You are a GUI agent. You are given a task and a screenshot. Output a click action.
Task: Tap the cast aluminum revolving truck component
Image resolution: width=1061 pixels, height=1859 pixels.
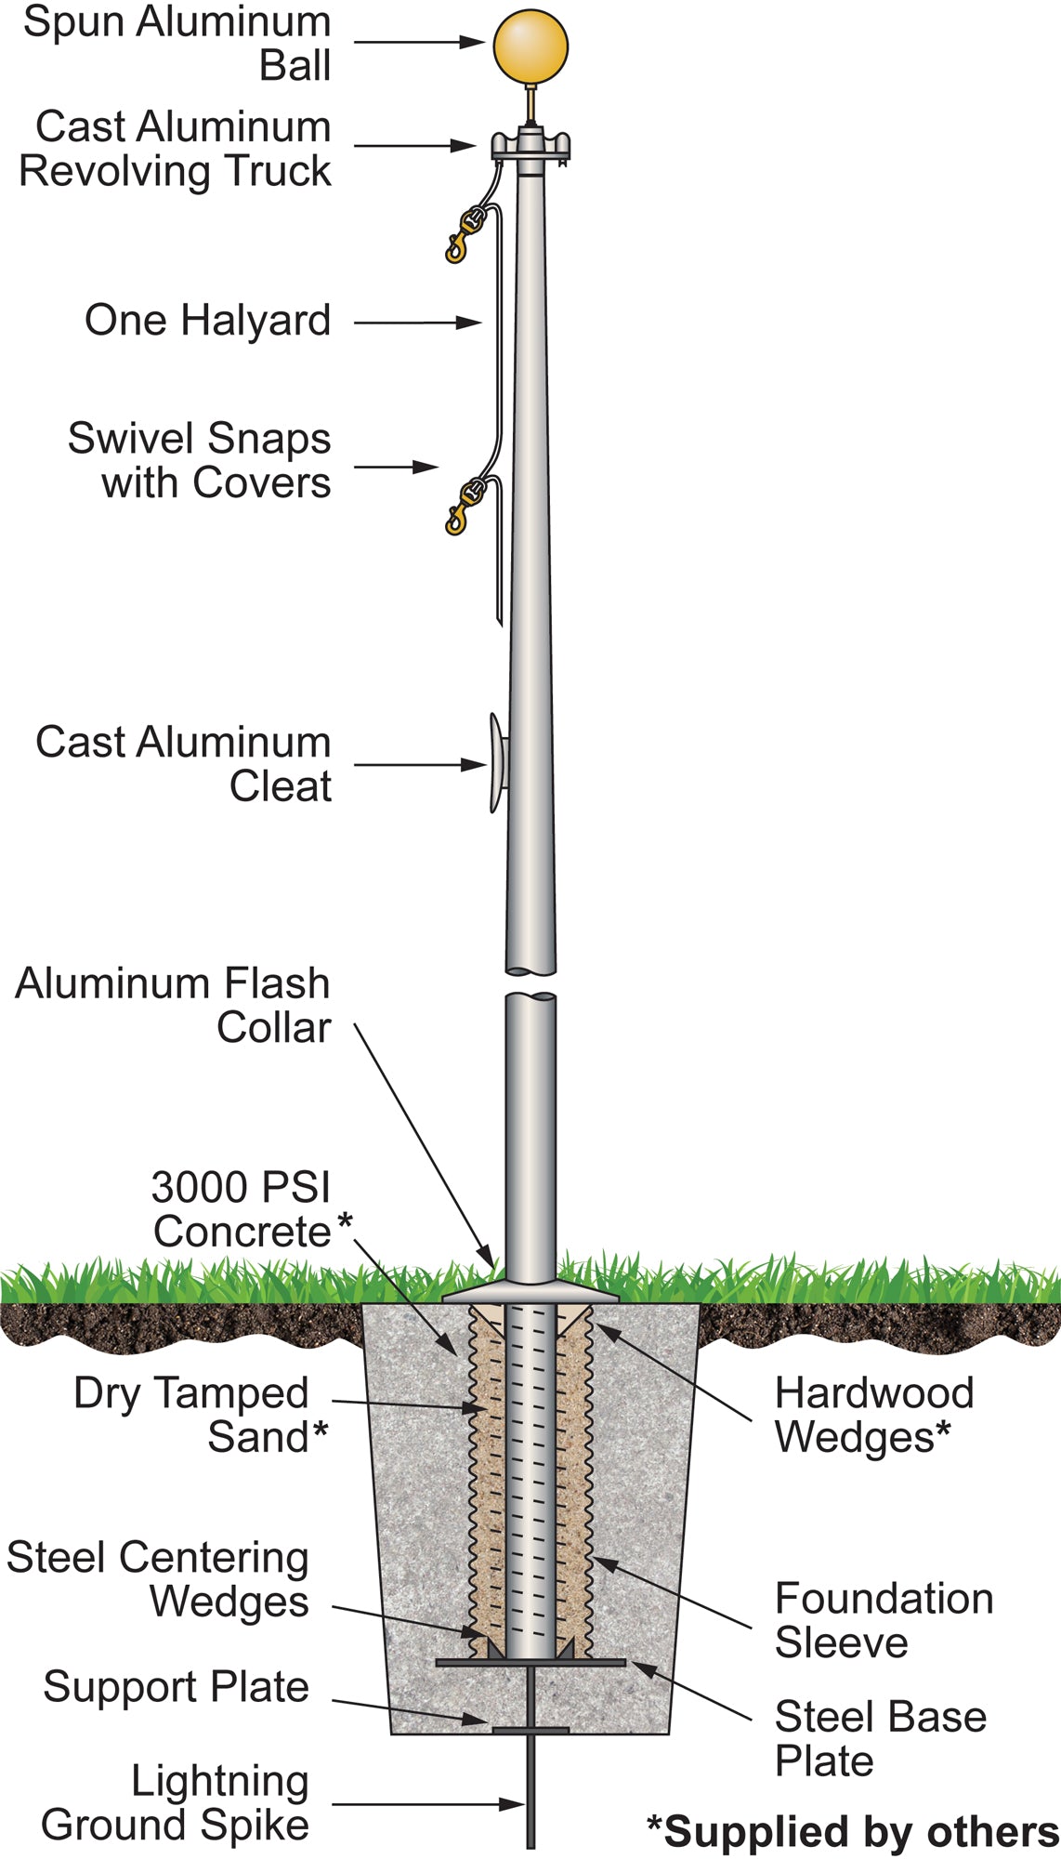coord(530,146)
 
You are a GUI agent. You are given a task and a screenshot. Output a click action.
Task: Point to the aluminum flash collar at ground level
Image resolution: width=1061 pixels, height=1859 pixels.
coord(530,1292)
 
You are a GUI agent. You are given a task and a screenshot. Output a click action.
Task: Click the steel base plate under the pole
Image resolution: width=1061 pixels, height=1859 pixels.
coord(530,1662)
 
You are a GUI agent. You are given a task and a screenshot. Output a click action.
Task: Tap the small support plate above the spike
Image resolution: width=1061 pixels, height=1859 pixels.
coord(530,1731)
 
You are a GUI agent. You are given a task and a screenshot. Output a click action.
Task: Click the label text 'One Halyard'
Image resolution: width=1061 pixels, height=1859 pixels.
coord(207,321)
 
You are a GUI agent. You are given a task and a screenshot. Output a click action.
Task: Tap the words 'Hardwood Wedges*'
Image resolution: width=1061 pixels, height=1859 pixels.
coord(873,1415)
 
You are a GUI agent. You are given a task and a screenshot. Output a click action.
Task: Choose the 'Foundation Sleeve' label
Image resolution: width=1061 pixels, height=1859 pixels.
coord(883,1620)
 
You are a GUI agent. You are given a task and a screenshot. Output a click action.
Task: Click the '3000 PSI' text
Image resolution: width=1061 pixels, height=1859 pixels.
coord(241,1188)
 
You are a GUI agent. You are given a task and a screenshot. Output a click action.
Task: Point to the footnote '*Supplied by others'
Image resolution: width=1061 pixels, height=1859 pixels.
coord(853,1832)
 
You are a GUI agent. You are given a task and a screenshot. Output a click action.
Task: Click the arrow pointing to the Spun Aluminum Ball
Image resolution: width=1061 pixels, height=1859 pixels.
coord(419,42)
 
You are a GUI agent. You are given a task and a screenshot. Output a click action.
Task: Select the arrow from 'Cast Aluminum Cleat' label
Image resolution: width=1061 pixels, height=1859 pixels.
coord(419,765)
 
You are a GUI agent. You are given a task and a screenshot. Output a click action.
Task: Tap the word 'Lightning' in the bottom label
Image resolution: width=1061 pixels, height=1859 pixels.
coord(219,1782)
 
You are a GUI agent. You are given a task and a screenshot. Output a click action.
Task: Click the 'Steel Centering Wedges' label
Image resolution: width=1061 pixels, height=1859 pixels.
coord(158,1579)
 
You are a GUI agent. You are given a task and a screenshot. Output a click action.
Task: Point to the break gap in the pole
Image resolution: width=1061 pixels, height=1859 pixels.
coord(530,983)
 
